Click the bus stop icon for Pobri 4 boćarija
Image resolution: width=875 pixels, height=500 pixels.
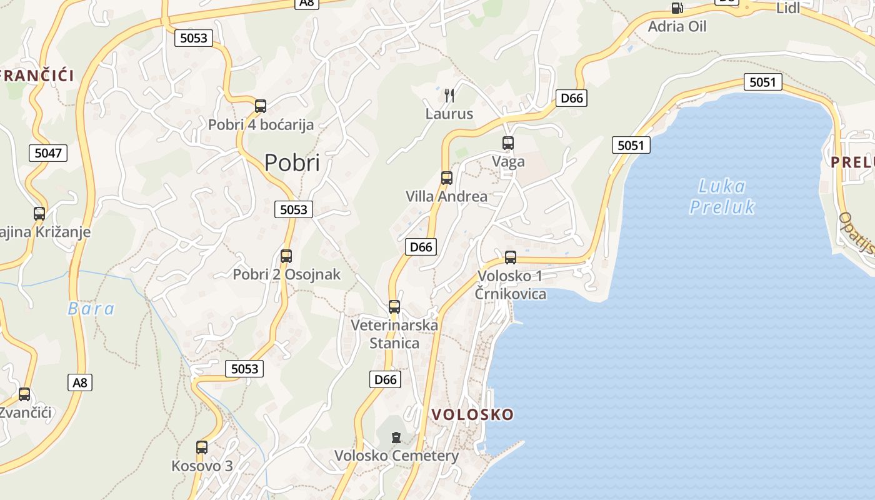(x=261, y=106)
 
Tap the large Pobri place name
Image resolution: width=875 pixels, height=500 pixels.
(x=292, y=162)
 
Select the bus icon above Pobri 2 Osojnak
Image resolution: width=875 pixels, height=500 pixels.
(x=286, y=256)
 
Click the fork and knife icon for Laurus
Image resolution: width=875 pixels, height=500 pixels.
(x=449, y=95)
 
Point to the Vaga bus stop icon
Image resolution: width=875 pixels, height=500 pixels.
(x=508, y=143)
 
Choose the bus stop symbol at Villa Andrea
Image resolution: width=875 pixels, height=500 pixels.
(x=446, y=178)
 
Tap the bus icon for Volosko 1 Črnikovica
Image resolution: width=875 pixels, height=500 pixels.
(x=511, y=257)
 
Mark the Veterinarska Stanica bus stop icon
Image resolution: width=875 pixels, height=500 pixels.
(x=394, y=307)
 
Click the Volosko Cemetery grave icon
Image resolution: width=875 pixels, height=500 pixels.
(x=396, y=437)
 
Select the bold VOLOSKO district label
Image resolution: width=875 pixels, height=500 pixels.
(x=472, y=414)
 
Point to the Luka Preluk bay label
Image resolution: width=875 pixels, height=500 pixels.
(x=722, y=196)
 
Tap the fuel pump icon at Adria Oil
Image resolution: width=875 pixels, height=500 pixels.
(x=677, y=8)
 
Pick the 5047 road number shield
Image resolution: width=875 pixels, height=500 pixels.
(x=48, y=152)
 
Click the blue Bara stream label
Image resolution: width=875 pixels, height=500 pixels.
(x=91, y=308)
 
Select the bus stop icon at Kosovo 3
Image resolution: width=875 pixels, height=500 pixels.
(x=202, y=447)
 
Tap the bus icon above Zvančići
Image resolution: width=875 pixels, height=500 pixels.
(x=24, y=394)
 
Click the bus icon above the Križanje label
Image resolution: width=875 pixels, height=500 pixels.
(x=39, y=214)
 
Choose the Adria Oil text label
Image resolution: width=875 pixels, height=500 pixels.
(x=677, y=27)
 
